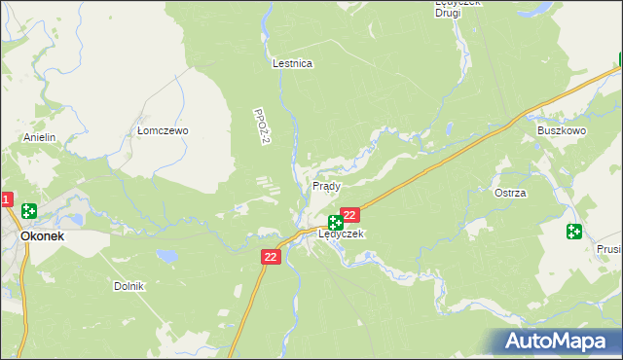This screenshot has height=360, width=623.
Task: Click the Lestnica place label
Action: pyautogui.click(x=292, y=63)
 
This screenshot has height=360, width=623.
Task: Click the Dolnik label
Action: pyautogui.click(x=128, y=286)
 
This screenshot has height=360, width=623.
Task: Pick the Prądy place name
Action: pyautogui.click(x=325, y=185)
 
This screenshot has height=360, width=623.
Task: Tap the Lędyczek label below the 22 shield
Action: pyautogui.click(x=341, y=234)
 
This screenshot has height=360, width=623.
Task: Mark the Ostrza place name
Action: pyautogui.click(x=510, y=193)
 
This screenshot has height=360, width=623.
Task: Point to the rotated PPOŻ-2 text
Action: pyautogui.click(x=260, y=127)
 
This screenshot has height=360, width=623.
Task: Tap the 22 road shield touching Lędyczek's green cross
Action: pyautogui.click(x=351, y=214)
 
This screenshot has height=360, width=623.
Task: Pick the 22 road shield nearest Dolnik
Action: pyautogui.click(x=271, y=256)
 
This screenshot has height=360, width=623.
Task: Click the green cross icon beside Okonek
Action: pyautogui.click(x=29, y=210)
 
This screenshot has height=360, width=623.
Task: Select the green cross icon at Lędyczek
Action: pyautogui.click(x=335, y=223)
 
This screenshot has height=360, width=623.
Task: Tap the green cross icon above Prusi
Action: pyautogui.click(x=573, y=232)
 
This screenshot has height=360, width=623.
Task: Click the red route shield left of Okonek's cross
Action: pyautogui.click(x=5, y=200)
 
